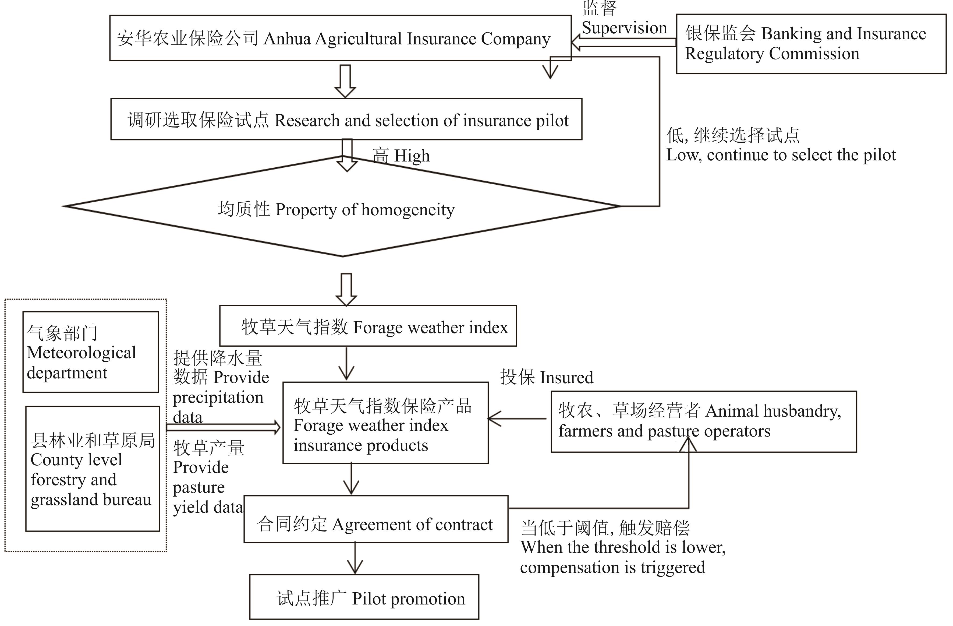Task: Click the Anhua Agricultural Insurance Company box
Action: [x=340, y=38]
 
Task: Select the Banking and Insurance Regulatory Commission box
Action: [x=811, y=44]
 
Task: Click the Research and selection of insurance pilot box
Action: [x=346, y=119]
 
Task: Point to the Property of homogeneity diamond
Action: [x=342, y=208]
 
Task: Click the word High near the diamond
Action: [x=412, y=156]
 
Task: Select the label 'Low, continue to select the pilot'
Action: [x=781, y=155]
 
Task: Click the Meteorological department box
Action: [x=90, y=352]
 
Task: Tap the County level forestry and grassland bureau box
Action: [x=93, y=469]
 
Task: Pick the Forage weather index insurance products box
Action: [x=385, y=423]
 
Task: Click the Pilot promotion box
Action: [x=364, y=597]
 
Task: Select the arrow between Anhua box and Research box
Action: [x=345, y=80]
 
